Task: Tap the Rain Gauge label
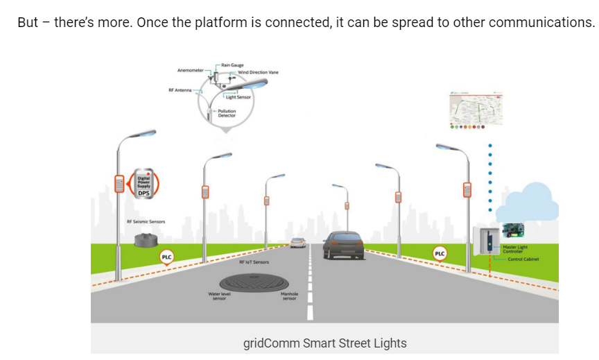tap(232, 65)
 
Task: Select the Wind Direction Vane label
tap(258, 72)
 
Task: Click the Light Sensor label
tap(238, 97)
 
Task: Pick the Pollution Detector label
tap(227, 113)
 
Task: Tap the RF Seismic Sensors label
tap(146, 222)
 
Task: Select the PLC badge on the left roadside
tap(166, 257)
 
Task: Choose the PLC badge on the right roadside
tap(439, 253)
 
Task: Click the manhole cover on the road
tap(250, 282)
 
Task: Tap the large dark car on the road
tap(342, 244)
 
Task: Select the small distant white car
tap(298, 242)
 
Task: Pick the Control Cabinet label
tap(523, 259)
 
